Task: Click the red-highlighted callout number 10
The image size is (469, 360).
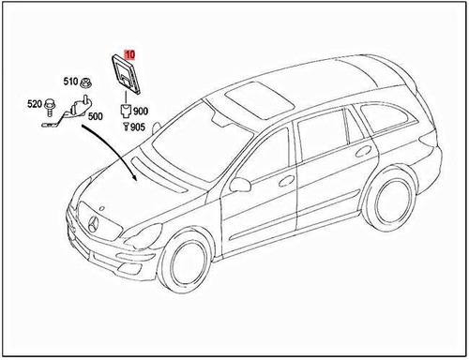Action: (129, 54)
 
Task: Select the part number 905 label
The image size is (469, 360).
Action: (137, 126)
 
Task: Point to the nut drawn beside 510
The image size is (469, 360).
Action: (85, 81)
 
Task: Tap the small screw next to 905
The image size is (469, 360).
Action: (126, 126)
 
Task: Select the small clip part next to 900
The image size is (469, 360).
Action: (124, 112)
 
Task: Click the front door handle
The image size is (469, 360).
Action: (285, 179)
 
